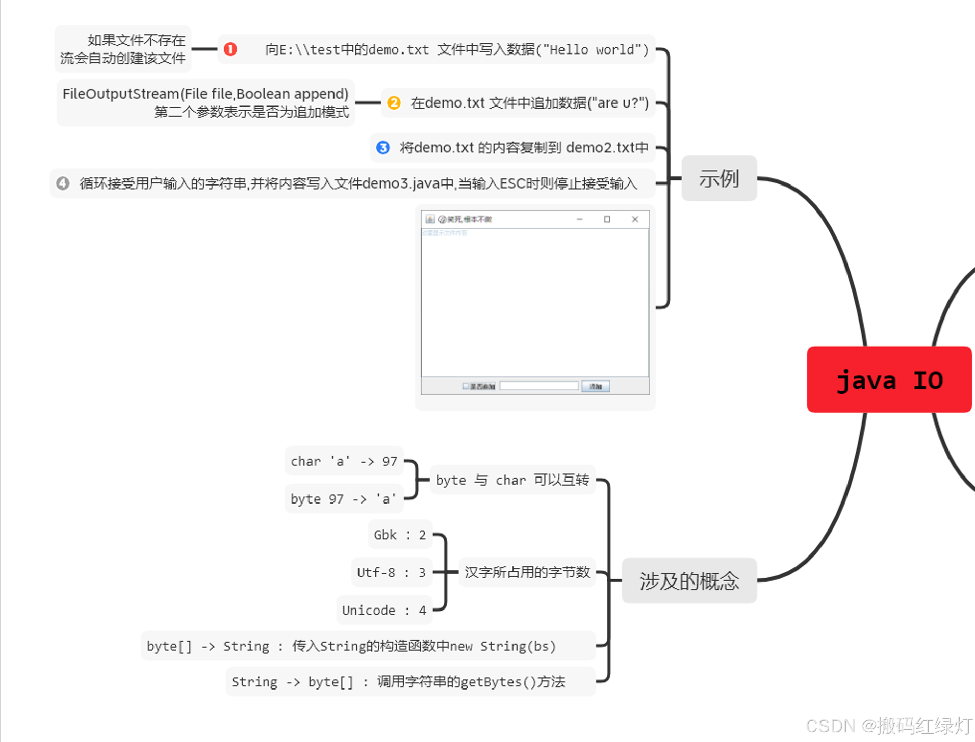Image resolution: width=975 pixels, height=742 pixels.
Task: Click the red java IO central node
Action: coord(889,380)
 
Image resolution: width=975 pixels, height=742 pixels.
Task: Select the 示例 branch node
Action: coord(719,178)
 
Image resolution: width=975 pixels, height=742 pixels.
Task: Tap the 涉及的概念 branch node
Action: coord(689,580)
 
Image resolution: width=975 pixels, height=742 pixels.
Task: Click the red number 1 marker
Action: coord(230,49)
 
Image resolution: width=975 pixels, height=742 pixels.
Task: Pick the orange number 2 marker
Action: coord(394,102)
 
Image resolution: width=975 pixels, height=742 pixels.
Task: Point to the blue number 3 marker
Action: coord(383,148)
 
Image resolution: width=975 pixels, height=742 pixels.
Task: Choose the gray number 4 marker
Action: coord(63,183)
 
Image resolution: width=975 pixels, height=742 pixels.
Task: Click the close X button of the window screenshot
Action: coord(635,219)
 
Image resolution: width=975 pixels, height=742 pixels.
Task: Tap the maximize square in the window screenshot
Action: coord(607,219)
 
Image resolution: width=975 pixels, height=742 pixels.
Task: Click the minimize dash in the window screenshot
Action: coord(579,219)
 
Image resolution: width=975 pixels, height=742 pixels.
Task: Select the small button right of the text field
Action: coord(596,386)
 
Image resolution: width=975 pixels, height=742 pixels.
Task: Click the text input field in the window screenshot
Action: coord(539,386)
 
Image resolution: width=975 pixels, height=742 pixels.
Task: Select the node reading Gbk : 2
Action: coord(400,535)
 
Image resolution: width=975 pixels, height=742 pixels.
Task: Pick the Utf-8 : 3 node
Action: coord(391,572)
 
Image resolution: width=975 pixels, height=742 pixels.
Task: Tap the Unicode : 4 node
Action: coord(384,610)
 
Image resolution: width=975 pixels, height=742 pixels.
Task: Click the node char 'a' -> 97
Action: coord(344,461)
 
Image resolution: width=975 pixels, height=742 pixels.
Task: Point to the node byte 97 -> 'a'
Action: coord(344,499)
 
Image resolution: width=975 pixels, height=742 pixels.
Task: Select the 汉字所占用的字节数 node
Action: coord(527,572)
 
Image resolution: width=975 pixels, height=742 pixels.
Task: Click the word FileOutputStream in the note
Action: coord(120,94)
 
